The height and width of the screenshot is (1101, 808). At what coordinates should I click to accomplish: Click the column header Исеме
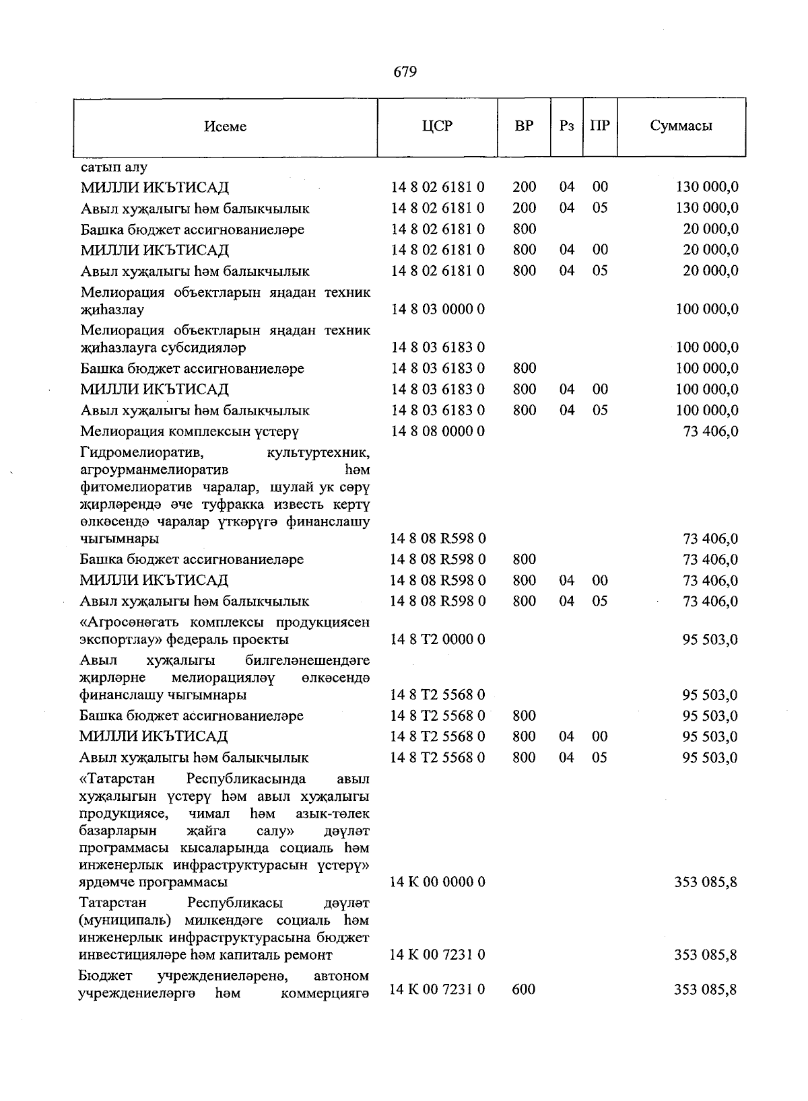coord(226,127)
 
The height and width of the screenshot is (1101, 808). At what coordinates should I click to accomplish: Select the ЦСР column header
coord(437,126)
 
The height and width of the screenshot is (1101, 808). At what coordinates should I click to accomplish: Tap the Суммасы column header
coord(681,126)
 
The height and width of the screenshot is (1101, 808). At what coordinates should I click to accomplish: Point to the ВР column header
coord(524,126)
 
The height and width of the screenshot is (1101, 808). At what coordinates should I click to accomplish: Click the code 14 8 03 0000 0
coord(438,310)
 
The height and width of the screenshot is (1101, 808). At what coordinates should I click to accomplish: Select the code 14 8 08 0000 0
coord(438,431)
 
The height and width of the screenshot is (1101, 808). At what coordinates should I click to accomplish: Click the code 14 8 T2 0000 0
coord(438,639)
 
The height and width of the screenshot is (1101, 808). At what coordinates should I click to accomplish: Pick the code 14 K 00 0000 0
coord(438,882)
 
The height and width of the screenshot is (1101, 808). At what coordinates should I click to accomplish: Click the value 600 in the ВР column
coord(524,989)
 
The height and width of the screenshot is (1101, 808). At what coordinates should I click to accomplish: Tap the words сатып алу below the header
coord(114,167)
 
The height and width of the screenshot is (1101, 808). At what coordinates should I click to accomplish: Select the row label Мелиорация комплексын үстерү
coord(189,431)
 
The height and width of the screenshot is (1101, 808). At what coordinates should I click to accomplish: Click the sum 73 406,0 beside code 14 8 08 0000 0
coord(710,431)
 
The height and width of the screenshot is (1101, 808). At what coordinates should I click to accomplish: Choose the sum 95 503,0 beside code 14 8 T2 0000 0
coord(710,639)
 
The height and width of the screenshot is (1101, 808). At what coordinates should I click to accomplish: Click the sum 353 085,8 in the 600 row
coord(706,989)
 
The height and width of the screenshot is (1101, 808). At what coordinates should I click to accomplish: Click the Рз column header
coord(567,126)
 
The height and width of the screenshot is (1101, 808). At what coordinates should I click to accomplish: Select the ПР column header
coord(600,126)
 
